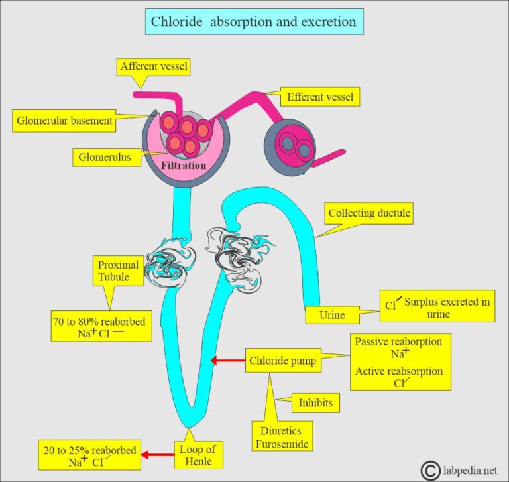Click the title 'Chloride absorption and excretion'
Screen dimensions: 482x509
tap(254, 21)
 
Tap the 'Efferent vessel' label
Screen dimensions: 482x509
tap(320, 97)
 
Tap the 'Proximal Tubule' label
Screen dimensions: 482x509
tap(118, 271)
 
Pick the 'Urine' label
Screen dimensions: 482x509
tap(332, 314)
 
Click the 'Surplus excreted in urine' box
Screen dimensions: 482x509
tap(437, 308)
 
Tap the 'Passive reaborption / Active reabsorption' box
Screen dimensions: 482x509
tap(400, 362)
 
